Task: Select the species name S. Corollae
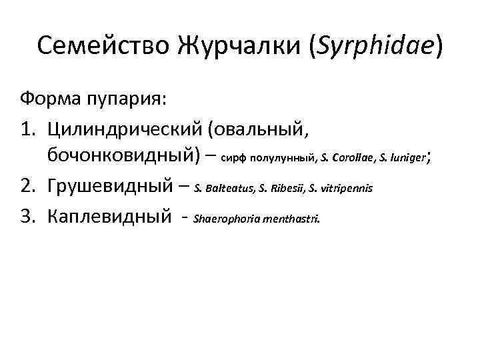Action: (349, 159)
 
